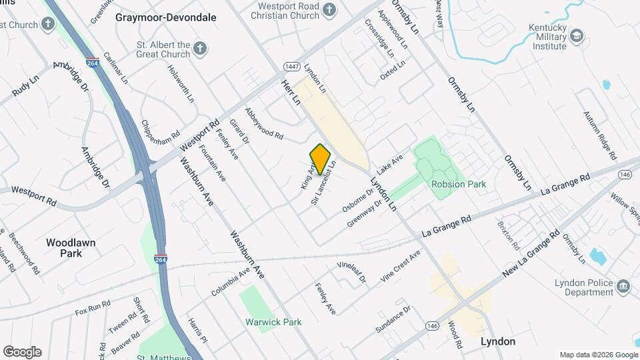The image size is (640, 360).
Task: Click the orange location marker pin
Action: coord(320,159)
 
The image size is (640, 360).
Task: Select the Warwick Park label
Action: coord(273,322)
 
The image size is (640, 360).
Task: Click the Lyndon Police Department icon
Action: coord(624,286)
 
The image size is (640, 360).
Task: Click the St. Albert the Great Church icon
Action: coord(199,48)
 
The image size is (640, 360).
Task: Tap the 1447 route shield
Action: coord(291,67)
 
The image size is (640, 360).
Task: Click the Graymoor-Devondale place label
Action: coord(166,17)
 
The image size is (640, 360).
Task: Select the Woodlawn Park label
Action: coord(71,248)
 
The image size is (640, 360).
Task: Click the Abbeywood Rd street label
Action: coord(264,125)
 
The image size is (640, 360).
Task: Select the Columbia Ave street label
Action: coord(230,284)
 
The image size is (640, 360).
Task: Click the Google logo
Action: coord(22,352)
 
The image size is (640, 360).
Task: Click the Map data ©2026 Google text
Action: coord(598,355)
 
